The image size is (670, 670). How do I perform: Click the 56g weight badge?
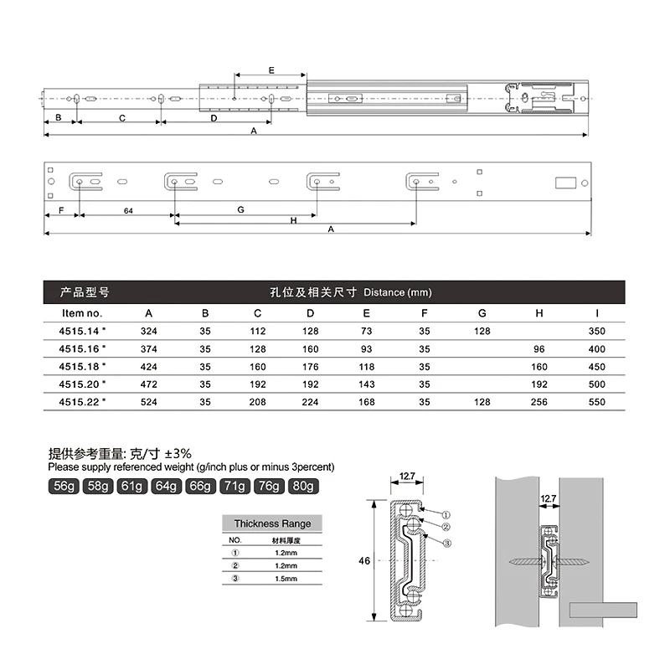coord(64,487)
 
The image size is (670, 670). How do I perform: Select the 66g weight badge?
coord(199,487)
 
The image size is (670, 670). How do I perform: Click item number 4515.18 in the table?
coord(83,366)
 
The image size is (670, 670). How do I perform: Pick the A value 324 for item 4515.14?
coord(148,331)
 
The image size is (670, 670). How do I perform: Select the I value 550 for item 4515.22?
coord(597,401)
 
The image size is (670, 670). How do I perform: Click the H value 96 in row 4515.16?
coord(539,348)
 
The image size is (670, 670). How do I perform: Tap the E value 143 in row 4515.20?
coord(366,384)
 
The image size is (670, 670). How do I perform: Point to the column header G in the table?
coord(482,313)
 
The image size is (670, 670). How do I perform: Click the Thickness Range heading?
coord(272,523)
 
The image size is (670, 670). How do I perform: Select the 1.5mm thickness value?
coord(286,579)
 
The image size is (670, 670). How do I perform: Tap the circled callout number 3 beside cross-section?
coord(447,543)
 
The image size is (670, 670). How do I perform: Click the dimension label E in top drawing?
coord(271,70)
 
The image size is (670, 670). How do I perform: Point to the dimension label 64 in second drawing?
coord(128,210)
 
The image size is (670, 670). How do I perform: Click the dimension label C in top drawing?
coord(122,119)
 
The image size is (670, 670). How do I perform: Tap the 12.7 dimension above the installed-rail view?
coord(549,498)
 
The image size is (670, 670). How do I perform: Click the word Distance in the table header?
coord(384,292)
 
